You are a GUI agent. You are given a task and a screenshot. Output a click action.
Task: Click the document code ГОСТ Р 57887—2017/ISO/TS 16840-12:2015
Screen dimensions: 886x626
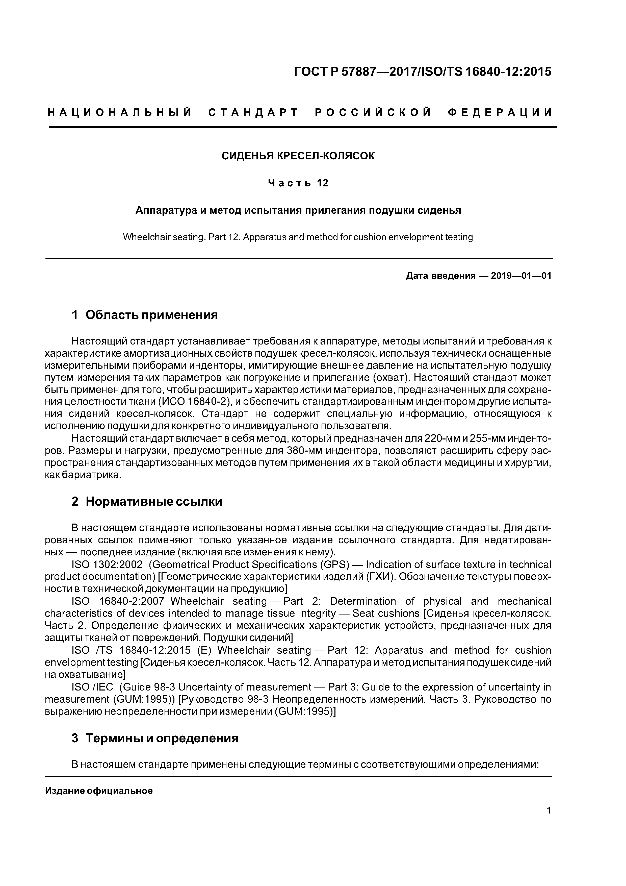pyautogui.click(x=422, y=72)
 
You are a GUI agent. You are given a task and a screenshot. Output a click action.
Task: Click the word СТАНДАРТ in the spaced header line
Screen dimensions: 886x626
pyautogui.click(x=253, y=113)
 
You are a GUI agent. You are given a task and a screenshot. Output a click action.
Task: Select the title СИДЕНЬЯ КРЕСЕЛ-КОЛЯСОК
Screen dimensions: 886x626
pyautogui.click(x=298, y=156)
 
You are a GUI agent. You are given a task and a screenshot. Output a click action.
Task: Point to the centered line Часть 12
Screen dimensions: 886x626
pyautogui.click(x=298, y=183)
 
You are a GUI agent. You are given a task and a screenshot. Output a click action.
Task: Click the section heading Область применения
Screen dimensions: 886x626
pyautogui.click(x=151, y=315)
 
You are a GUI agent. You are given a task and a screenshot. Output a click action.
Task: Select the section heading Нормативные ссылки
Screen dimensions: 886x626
pyautogui.click(x=153, y=502)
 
